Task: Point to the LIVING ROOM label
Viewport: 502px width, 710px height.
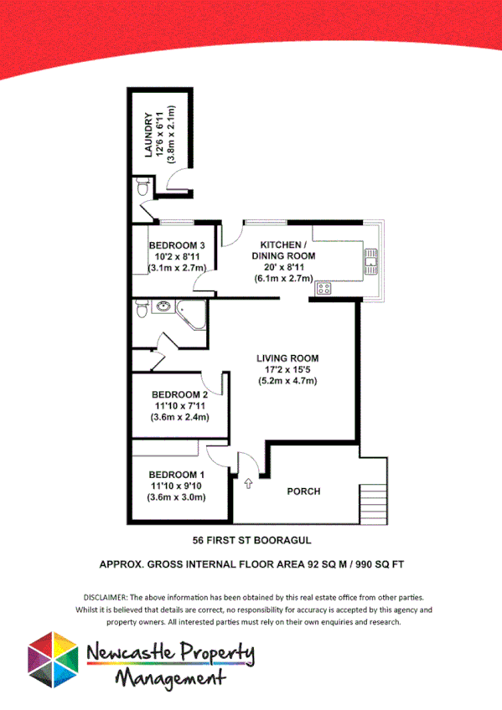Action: [287, 358]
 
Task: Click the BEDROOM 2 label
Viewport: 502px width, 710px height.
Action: [179, 394]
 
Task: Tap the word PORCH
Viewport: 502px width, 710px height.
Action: [303, 491]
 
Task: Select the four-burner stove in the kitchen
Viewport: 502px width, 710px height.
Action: [323, 288]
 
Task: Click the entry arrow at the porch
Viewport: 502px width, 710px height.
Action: [248, 483]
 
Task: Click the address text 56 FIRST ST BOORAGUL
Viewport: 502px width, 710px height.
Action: [251, 540]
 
